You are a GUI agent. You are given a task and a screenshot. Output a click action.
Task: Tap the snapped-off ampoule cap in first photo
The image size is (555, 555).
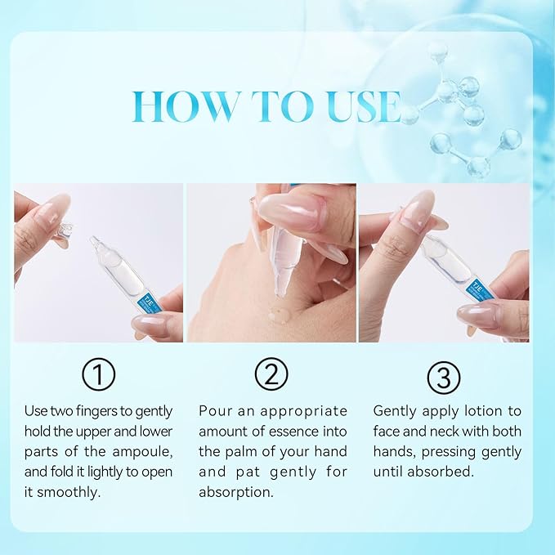click(x=62, y=235)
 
